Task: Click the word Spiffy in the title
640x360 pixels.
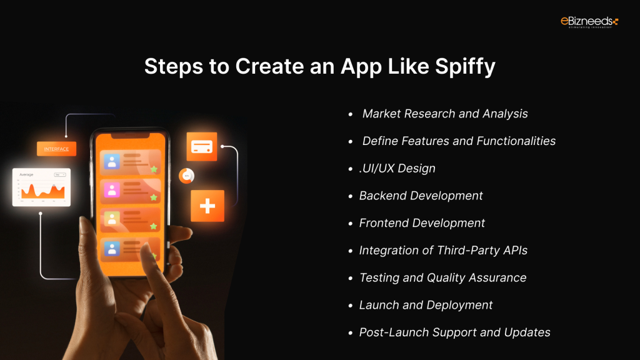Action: pos(464,66)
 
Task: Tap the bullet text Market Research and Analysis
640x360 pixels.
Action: pos(445,114)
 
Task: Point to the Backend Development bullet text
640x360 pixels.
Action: pos(421,196)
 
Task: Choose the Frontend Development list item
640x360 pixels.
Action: pos(422,223)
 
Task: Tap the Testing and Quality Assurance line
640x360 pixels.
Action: pos(442,277)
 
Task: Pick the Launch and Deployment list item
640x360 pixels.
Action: pos(426,305)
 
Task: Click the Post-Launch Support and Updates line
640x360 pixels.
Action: pos(454,332)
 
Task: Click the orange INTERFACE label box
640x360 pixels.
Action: pos(57,149)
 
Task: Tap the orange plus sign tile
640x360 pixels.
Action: pos(207,206)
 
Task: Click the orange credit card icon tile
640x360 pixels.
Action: pos(201,147)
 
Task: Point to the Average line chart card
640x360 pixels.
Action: pos(41,187)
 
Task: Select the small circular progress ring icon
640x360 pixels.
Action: pos(186,176)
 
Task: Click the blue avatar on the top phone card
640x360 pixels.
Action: pos(112,162)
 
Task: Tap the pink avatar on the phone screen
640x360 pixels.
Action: pos(112,191)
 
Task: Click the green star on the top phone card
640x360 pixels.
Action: pos(154,169)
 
